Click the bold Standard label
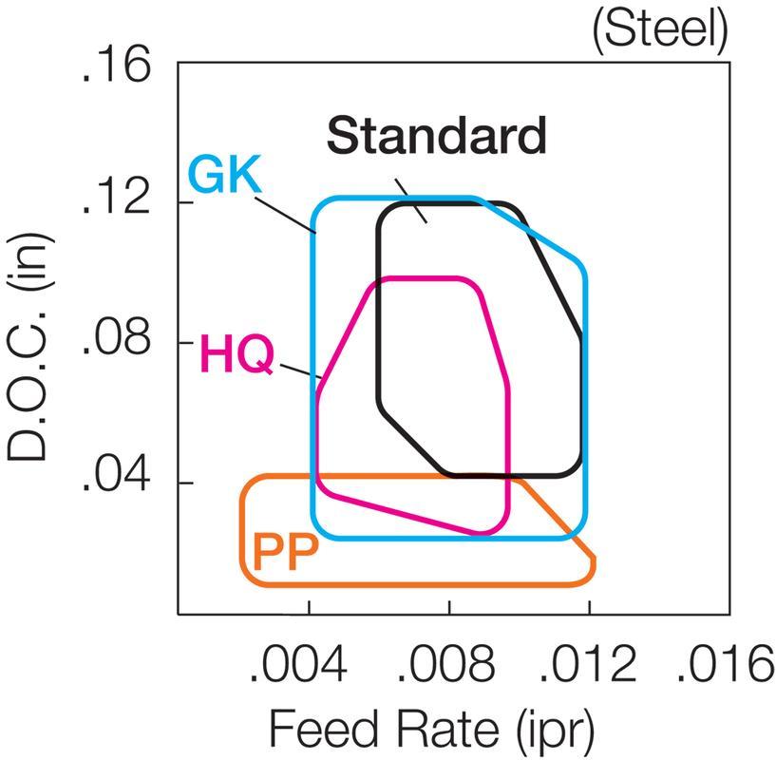(x=437, y=136)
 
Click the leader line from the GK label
(x=285, y=211)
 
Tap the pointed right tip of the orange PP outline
(x=595, y=563)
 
